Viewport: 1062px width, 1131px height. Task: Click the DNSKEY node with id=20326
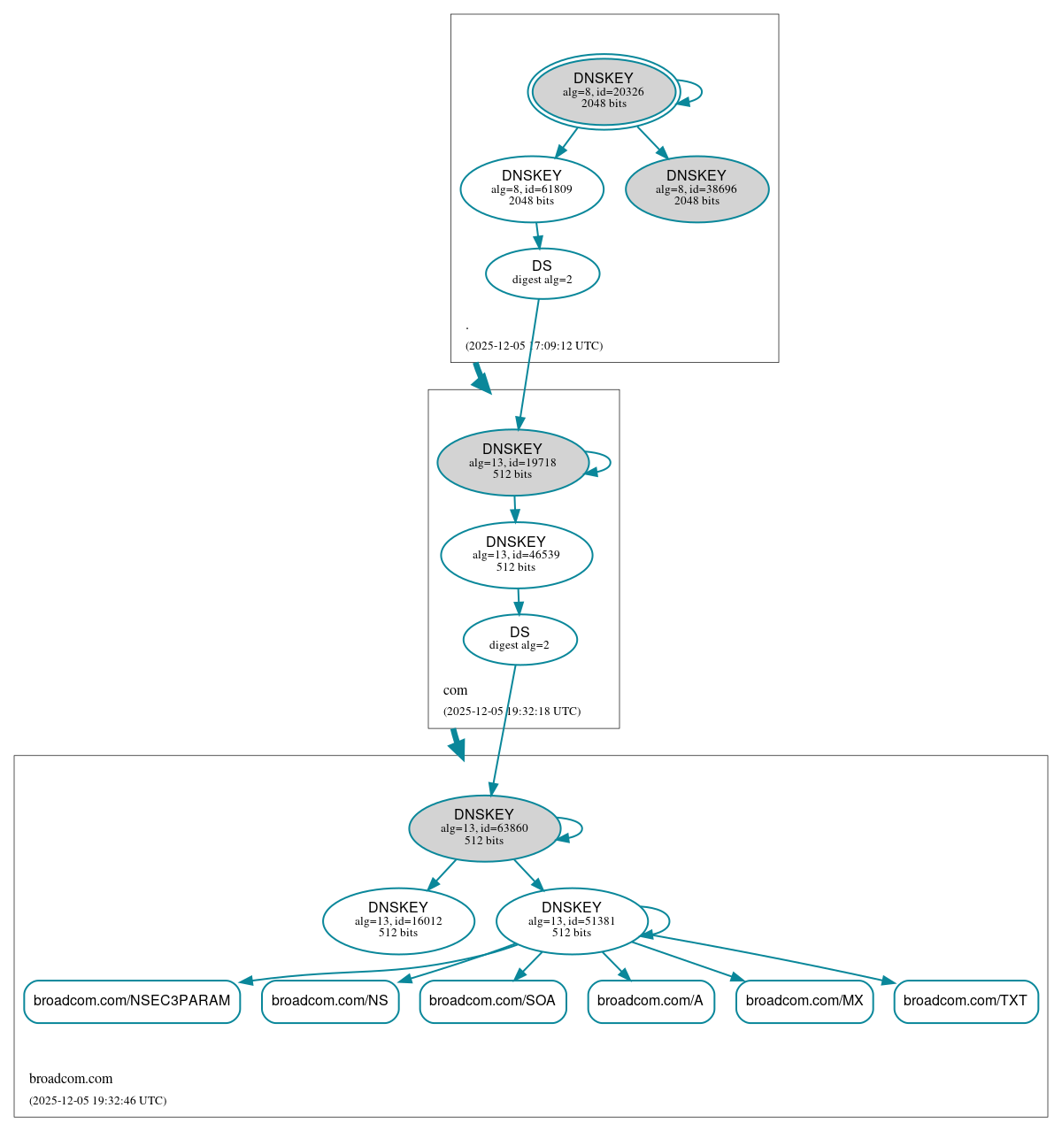604,91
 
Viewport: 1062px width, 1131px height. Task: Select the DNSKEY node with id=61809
532,188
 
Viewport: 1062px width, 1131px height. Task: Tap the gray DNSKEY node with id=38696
696,188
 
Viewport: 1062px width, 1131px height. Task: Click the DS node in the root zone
542,273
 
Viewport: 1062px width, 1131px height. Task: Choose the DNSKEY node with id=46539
516,555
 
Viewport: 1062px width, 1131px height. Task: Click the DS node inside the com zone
519,639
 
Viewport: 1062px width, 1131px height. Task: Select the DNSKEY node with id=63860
484,827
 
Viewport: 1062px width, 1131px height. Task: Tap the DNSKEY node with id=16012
398,920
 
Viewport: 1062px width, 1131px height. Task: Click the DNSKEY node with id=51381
572,920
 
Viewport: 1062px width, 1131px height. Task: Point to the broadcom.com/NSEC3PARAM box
132,1001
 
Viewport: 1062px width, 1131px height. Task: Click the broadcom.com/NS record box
330,1001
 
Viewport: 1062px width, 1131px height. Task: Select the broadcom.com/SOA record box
492,1001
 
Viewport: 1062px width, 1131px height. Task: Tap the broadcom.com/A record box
650,1001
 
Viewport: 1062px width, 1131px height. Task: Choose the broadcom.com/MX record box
804,1001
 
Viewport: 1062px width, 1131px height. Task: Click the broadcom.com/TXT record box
966,1001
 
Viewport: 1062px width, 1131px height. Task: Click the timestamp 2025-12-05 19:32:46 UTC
97,1101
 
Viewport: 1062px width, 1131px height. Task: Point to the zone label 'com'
455,690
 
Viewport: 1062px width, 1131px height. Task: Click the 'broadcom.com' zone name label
71,1079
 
